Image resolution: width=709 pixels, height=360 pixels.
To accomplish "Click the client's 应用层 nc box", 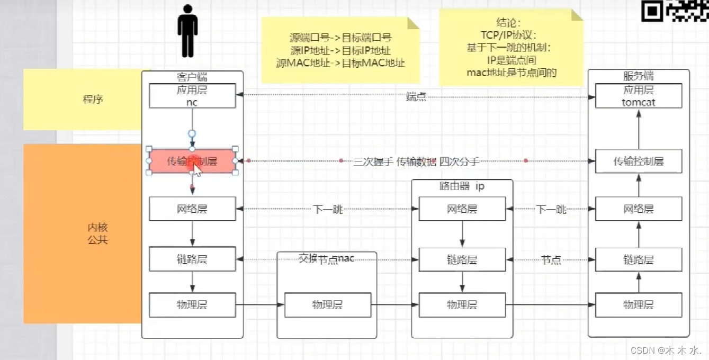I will click(x=192, y=96).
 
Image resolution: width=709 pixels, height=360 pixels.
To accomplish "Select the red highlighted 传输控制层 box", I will click(x=192, y=161).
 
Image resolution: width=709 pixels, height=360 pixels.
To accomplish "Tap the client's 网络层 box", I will click(x=192, y=209).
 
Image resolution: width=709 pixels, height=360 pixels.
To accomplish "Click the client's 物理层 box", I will click(x=192, y=304).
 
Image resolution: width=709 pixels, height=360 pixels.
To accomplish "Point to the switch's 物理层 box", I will click(x=327, y=304).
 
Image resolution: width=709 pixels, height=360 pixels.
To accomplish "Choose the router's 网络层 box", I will click(x=462, y=209).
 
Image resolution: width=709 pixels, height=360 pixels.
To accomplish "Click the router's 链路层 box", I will click(x=462, y=259).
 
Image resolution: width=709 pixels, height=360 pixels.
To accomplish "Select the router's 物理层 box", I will click(x=462, y=304).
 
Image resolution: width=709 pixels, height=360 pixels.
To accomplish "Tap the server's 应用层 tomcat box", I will click(x=639, y=96).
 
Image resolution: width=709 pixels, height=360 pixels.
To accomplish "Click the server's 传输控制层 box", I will click(x=639, y=161).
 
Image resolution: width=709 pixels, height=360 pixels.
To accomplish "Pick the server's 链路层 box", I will click(x=639, y=259).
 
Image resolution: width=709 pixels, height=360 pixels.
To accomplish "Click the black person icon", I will click(x=187, y=31).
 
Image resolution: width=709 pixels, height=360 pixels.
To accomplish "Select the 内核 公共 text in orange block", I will click(x=97, y=233).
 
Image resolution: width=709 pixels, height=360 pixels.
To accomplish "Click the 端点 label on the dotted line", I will click(x=416, y=97).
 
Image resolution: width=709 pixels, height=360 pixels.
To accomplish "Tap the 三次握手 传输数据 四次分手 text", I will click(x=416, y=161).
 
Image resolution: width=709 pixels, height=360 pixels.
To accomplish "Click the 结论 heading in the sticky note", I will click(x=508, y=23).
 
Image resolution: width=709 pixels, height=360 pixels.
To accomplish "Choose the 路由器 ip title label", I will click(x=462, y=186).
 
